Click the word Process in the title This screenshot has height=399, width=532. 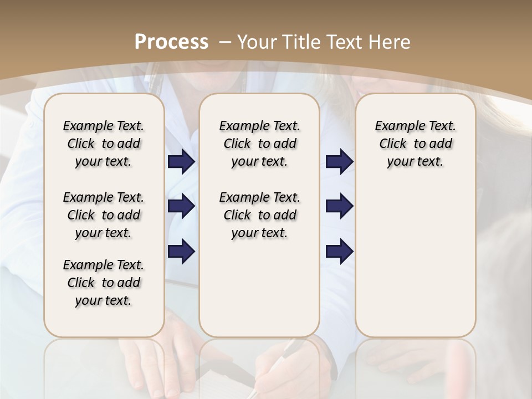tap(171, 42)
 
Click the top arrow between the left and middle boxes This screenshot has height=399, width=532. tap(181, 162)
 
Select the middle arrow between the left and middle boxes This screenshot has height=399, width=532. tap(181, 206)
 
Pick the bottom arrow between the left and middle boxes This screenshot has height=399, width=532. tap(181, 251)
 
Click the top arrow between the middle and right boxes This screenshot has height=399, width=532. tap(339, 162)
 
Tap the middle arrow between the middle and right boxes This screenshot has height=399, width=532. tap(339, 206)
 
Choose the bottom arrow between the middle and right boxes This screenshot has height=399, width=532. tap(339, 251)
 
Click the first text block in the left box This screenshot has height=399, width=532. tap(104, 144)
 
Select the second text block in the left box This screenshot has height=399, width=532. tap(104, 215)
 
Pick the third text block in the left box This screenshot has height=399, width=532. tap(104, 283)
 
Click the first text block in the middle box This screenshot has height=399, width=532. tap(259, 144)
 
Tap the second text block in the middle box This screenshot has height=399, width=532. tap(259, 215)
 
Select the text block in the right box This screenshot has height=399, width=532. tap(415, 144)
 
